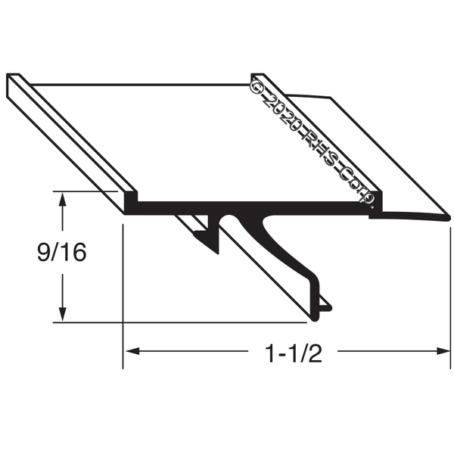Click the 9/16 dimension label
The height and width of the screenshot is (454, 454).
(62, 252)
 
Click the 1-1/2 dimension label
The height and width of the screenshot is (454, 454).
(293, 354)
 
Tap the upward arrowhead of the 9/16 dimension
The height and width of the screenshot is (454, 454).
(62, 200)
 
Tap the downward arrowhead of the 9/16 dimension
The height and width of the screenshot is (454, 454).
(62, 314)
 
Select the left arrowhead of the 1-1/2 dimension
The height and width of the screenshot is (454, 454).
(132, 351)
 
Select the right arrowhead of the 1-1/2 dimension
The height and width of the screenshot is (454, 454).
(443, 351)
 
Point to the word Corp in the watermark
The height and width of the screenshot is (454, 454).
(356, 185)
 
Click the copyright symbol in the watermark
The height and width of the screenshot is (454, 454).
(256, 86)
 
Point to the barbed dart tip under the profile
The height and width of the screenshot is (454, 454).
(217, 253)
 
